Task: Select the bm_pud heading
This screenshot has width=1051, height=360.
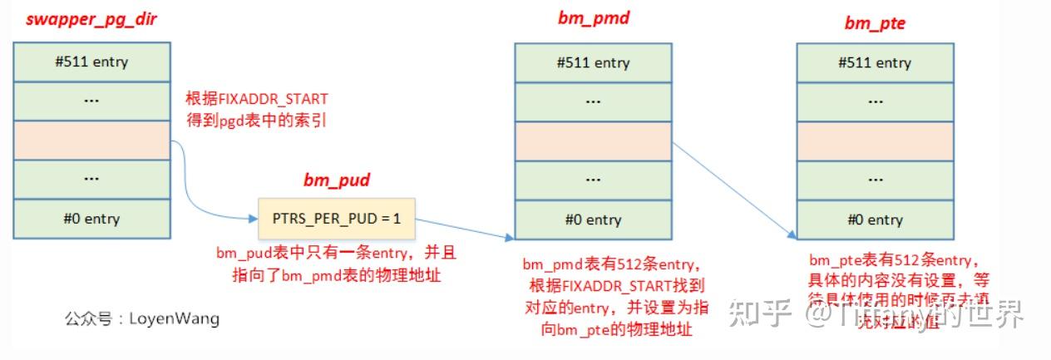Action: pos(335,180)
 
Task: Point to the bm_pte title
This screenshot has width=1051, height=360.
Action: pos(874,23)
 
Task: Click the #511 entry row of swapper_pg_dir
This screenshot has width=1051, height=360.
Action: pos(91,62)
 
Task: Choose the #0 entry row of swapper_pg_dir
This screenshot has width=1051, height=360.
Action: pos(91,219)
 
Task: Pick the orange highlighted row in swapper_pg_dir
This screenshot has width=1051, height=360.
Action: pos(91,141)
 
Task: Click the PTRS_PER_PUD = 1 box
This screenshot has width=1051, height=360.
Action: pos(337,219)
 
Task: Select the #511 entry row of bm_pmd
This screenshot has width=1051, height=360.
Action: pos(593,63)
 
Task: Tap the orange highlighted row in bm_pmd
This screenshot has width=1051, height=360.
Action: pos(593,141)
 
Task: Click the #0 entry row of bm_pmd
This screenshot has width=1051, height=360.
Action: pos(593,220)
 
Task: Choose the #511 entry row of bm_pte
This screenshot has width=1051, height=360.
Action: pos(875,63)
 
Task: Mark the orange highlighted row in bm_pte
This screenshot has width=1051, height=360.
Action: pos(875,141)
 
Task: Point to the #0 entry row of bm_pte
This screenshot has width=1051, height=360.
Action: pos(875,220)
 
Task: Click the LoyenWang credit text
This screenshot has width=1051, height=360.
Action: pos(142,318)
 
